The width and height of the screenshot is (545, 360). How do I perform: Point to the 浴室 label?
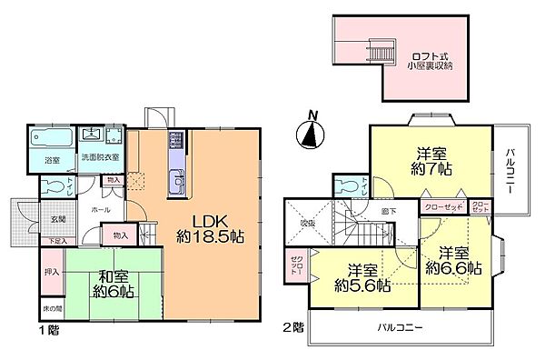tap(53, 162)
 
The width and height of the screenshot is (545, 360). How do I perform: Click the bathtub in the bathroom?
tap(52, 139)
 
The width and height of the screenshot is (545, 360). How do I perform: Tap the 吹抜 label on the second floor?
tap(307, 223)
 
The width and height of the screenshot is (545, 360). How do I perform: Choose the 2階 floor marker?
tap(294, 325)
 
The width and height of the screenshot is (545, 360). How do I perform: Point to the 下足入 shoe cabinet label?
tap(57, 242)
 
